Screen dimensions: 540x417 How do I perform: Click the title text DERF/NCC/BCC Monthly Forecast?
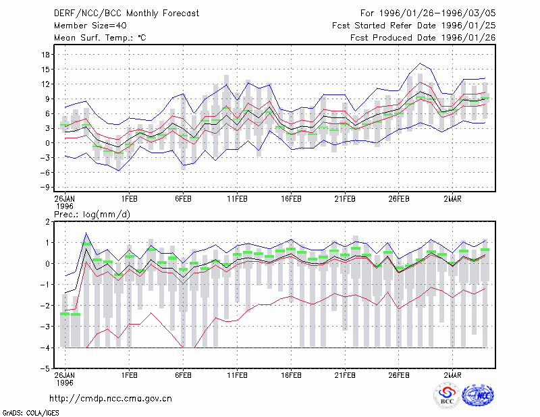pyautogui.click(x=126, y=13)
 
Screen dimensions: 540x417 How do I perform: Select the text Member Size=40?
pyautogui.click(x=90, y=26)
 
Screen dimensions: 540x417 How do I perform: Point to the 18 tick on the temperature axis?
pyautogui.click(x=46, y=55)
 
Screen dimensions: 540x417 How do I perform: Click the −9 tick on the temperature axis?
pyautogui.click(x=45, y=188)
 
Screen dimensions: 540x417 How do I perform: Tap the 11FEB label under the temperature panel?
pyautogui.click(x=237, y=199)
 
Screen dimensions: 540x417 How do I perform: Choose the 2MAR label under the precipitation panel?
pyautogui.click(x=452, y=375)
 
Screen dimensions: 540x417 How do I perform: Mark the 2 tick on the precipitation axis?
pyautogui.click(x=47, y=222)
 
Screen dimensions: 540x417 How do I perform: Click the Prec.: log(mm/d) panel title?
pyautogui.click(x=92, y=215)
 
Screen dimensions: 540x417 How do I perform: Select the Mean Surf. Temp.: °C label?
pyautogui.click(x=100, y=38)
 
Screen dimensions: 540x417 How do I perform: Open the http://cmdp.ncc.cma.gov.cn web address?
pyautogui.click(x=111, y=399)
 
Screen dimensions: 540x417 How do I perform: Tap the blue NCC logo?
pyautogui.click(x=478, y=395)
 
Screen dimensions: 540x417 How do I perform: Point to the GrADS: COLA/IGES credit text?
pyautogui.click(x=30, y=413)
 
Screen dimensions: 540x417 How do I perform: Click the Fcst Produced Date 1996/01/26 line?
pyautogui.click(x=423, y=38)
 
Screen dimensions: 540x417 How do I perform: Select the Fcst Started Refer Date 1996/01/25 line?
pyautogui.click(x=414, y=26)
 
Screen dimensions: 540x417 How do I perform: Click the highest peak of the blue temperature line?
pyautogui.click(x=420, y=63)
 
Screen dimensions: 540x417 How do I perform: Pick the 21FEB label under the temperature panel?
pyautogui.click(x=345, y=199)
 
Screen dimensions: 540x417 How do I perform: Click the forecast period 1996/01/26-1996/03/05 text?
pyautogui.click(x=437, y=13)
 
